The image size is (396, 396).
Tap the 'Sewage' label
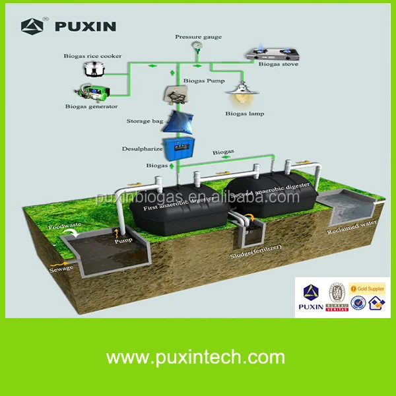point(61,269)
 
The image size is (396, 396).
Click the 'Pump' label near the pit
point(123,240)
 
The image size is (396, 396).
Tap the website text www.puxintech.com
point(195,358)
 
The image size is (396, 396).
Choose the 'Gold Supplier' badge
point(368,289)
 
